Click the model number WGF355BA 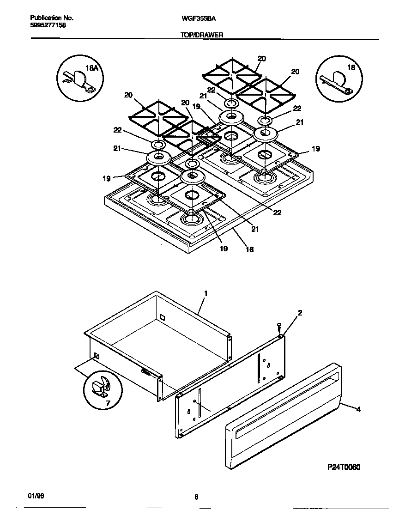point(198,18)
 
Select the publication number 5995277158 point(48,25)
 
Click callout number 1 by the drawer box point(206,293)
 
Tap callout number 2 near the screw point(300,313)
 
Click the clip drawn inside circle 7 point(101,386)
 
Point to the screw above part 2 point(279,327)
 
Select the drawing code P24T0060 point(344,467)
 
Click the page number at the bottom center point(196,497)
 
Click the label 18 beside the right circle point(351,67)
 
